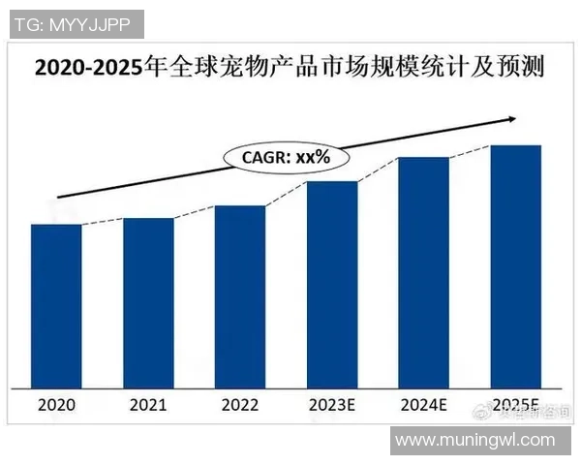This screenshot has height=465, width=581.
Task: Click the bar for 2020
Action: tap(55, 305)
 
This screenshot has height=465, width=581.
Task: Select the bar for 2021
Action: tap(148, 302)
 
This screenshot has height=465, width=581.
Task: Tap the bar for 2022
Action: tap(239, 295)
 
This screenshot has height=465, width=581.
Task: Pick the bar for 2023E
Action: tap(332, 283)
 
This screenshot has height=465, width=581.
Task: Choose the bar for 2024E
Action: tap(423, 271)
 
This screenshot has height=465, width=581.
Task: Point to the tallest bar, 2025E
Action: tap(515, 265)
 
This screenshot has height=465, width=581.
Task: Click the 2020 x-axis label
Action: tap(55, 405)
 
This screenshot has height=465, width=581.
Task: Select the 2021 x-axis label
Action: tap(147, 405)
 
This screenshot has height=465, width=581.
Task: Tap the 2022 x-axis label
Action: tap(239, 405)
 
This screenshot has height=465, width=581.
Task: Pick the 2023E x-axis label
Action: tap(331, 405)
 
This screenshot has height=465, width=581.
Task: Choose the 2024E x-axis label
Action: tap(423, 405)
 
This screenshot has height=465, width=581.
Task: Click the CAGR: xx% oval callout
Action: tap(287, 155)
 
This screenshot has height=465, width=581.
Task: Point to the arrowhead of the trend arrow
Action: tap(511, 119)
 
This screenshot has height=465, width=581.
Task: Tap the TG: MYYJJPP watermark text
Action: tap(73, 23)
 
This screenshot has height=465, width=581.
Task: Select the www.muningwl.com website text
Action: tap(475, 441)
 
